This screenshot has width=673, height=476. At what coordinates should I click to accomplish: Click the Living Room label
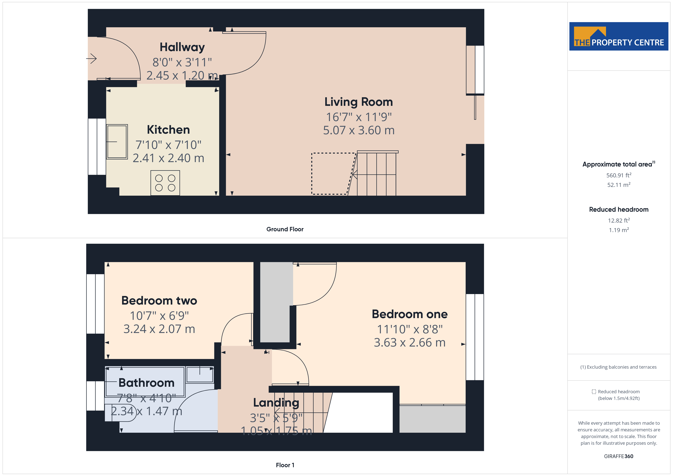(x=358, y=102)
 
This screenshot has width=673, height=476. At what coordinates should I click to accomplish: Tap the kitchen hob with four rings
(x=165, y=183)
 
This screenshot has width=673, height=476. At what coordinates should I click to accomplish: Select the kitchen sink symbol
(x=117, y=142)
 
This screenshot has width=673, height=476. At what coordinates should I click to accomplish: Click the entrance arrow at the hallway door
(x=92, y=59)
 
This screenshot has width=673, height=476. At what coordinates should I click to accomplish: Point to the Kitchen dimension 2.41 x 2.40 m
(x=168, y=158)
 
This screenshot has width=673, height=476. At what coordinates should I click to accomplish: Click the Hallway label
(x=182, y=47)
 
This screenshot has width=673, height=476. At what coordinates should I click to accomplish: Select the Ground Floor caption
(x=285, y=229)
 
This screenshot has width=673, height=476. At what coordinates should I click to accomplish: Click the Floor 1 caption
(x=285, y=465)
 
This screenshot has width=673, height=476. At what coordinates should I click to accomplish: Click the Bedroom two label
(x=159, y=301)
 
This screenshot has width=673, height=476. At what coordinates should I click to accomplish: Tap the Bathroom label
(x=146, y=383)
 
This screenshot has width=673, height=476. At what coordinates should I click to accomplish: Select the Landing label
(x=276, y=403)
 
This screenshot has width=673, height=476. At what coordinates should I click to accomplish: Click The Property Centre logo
(x=618, y=36)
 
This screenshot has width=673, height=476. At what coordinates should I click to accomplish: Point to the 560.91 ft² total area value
(x=618, y=175)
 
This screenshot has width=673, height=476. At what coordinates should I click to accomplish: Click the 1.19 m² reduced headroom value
(x=618, y=230)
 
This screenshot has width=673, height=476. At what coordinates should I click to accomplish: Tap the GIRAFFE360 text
(x=618, y=456)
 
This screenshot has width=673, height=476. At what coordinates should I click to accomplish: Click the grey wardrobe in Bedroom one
(x=432, y=419)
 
